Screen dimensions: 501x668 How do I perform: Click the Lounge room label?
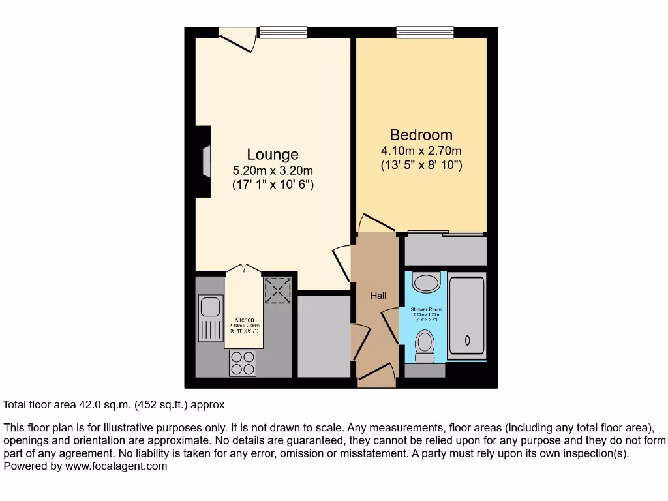coord(273,155)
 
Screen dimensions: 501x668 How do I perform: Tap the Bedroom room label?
coord(421,135)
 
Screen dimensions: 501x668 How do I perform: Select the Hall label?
coord(378,296)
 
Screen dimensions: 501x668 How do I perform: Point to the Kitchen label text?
coord(245,320)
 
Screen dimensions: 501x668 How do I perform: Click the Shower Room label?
coord(425,309)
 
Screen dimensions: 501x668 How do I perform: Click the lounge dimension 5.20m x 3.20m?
coord(273,171)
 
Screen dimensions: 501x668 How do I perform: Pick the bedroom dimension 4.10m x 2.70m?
coord(421,151)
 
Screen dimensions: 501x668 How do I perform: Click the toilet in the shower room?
coord(425,344)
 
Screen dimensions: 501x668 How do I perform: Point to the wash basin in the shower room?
coord(428,282)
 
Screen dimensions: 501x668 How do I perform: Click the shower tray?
coord(467,316)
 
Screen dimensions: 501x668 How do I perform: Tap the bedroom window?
coord(425,31)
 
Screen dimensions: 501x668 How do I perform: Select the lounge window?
coord(282,31)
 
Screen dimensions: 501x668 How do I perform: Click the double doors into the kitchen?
coord(243,269)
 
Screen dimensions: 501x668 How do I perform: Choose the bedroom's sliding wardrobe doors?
coord(445,233)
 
